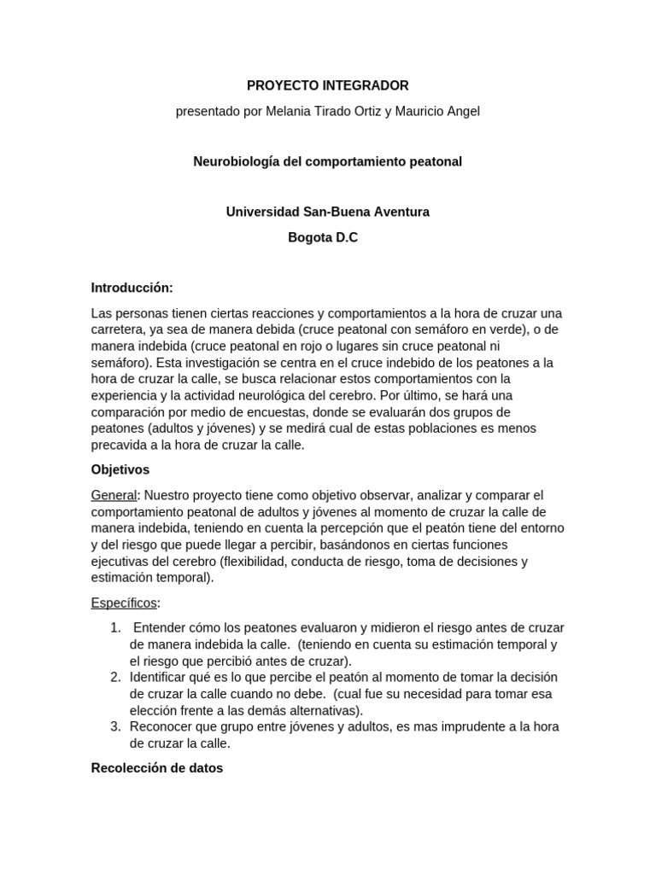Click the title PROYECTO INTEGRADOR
tap(327, 85)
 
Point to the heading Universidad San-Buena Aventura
tap(327, 211)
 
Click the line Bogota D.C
tap(323, 237)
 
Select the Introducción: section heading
tap(132, 288)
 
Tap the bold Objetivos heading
tap(120, 469)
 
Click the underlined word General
tap(114, 495)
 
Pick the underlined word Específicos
tap(124, 603)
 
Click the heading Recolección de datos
tap(157, 767)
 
